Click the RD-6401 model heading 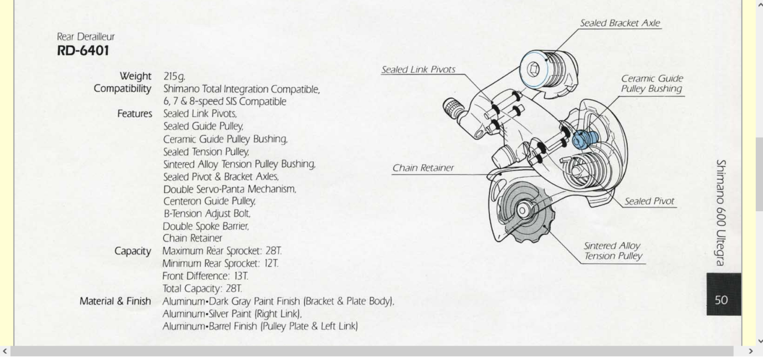coord(83,51)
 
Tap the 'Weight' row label coord(135,76)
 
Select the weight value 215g coord(174,76)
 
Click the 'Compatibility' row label coord(123,89)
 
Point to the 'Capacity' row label coord(133,251)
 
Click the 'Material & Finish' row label coord(115,301)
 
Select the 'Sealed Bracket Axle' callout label coord(620,23)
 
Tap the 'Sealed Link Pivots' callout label coord(418,70)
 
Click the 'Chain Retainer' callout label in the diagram coord(423,168)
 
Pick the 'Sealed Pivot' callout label coord(650,201)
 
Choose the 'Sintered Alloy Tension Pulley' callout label coord(613,251)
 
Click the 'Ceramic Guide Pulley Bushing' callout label coord(651,83)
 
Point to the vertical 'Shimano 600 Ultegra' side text coord(721,212)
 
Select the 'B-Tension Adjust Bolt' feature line coord(206,214)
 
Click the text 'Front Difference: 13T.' coord(205,276)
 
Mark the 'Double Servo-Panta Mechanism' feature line coord(229,189)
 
